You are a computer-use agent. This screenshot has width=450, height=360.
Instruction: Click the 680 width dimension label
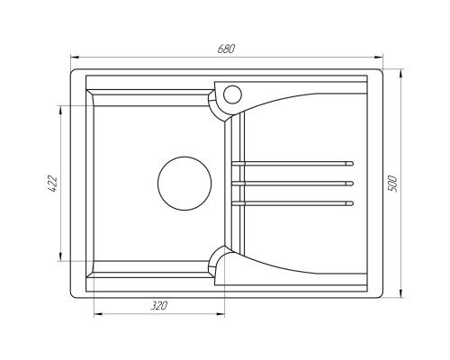click(226, 49)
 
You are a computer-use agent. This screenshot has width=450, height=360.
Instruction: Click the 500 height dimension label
click(392, 184)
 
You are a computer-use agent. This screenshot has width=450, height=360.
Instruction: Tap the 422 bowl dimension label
click(52, 184)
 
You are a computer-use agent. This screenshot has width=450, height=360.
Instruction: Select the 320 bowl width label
click(159, 306)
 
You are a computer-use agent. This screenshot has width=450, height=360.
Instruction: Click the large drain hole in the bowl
click(184, 184)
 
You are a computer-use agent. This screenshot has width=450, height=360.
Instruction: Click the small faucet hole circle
click(232, 94)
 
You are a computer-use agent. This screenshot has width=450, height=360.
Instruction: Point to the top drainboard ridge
click(292, 164)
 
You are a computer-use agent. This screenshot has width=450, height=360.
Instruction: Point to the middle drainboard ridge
click(292, 184)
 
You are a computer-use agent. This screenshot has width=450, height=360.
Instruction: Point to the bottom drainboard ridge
click(292, 203)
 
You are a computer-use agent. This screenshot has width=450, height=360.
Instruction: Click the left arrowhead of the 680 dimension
click(74, 57)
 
